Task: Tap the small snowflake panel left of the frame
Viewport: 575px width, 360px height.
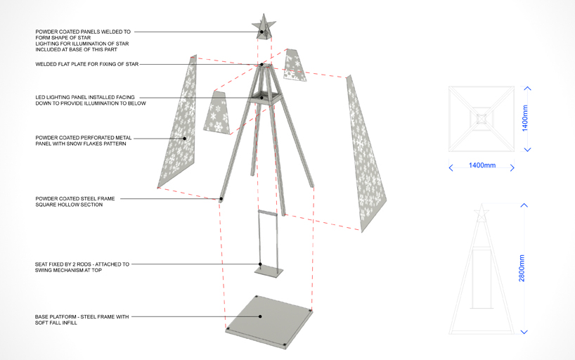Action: point(217,112)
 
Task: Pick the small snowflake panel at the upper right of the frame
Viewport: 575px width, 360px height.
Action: point(295,65)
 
